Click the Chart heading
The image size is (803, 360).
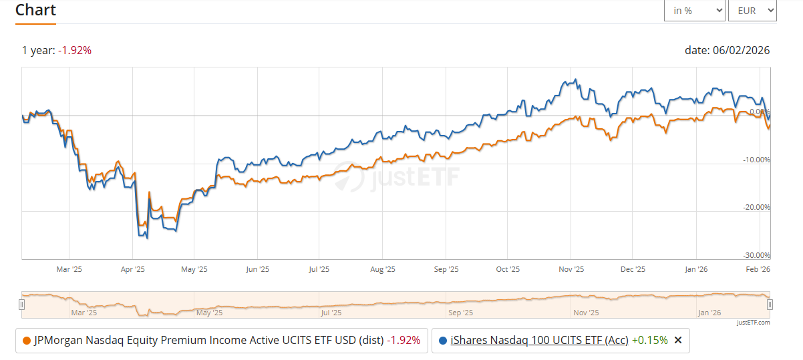(x=35, y=10)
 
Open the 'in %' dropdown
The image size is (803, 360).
(x=694, y=11)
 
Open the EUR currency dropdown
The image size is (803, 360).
(x=752, y=11)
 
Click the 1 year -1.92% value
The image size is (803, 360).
(x=75, y=50)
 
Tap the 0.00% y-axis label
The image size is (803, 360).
(x=759, y=112)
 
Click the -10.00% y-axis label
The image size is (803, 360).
(x=757, y=160)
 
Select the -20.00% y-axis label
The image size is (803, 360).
(x=757, y=207)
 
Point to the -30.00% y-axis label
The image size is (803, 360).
(x=757, y=255)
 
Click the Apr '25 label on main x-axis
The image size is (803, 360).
(x=133, y=269)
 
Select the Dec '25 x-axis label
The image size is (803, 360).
(x=632, y=269)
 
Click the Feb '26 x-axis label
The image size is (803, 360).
(x=758, y=269)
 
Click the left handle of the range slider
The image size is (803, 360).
(x=21, y=305)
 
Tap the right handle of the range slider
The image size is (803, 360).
(x=770, y=305)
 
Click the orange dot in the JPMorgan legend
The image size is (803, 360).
(x=27, y=340)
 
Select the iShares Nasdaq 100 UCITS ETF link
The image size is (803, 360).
(x=539, y=340)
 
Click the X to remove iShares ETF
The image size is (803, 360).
(x=678, y=340)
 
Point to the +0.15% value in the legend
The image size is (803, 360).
(x=649, y=340)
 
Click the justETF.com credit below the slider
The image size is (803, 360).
(x=754, y=323)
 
